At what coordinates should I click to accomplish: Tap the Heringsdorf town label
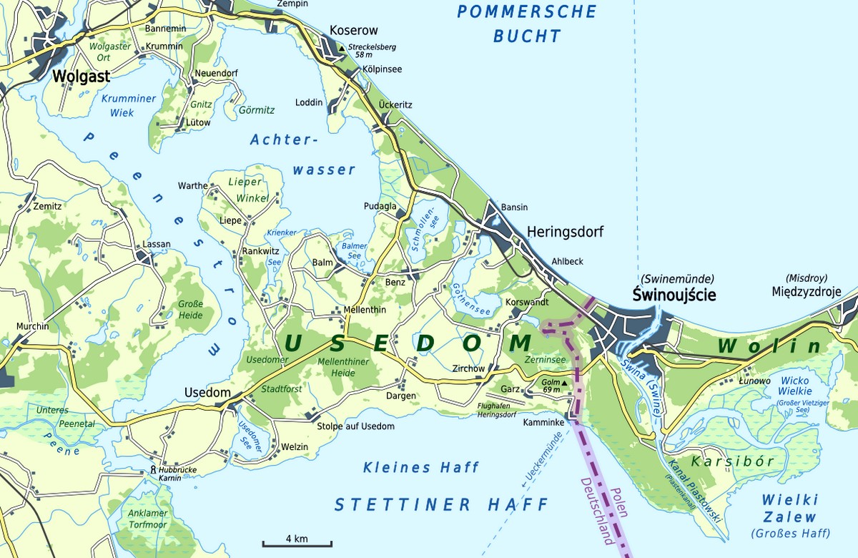(565, 232)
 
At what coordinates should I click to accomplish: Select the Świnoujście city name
(674, 295)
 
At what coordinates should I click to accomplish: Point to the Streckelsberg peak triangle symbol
(342, 48)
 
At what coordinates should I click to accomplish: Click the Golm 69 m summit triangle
(565, 383)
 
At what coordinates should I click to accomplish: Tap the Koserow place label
(353, 31)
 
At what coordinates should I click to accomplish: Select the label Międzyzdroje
(807, 292)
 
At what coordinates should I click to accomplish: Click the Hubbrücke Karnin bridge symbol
(153, 470)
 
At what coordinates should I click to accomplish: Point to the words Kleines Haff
(420, 468)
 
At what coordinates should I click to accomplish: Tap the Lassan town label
(157, 244)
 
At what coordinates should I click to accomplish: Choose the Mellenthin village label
(365, 310)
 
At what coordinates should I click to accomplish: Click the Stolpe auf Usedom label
(355, 426)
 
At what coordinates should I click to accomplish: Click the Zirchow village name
(469, 369)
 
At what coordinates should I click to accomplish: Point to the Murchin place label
(33, 326)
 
